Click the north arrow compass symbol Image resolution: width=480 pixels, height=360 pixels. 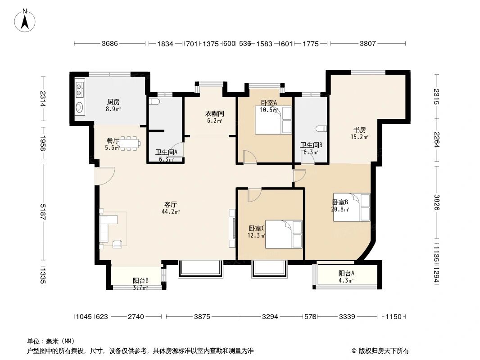click(26, 20)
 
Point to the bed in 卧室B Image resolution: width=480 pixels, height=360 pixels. click(352, 207)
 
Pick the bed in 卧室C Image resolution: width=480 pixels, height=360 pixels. click(283, 234)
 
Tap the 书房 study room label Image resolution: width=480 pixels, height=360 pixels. click(359, 130)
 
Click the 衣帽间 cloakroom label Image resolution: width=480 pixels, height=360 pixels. click(214, 114)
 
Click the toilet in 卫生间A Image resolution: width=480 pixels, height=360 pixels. click(155, 103)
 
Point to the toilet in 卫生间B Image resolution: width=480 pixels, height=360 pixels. click(321, 129)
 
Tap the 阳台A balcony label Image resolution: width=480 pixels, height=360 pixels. click(346, 273)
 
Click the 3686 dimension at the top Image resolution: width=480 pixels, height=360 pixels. click(109, 44)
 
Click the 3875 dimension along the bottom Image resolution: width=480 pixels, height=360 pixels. click(202, 317)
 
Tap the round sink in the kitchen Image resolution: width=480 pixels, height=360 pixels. click(79, 108)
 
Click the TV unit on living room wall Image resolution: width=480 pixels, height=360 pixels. click(232, 228)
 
